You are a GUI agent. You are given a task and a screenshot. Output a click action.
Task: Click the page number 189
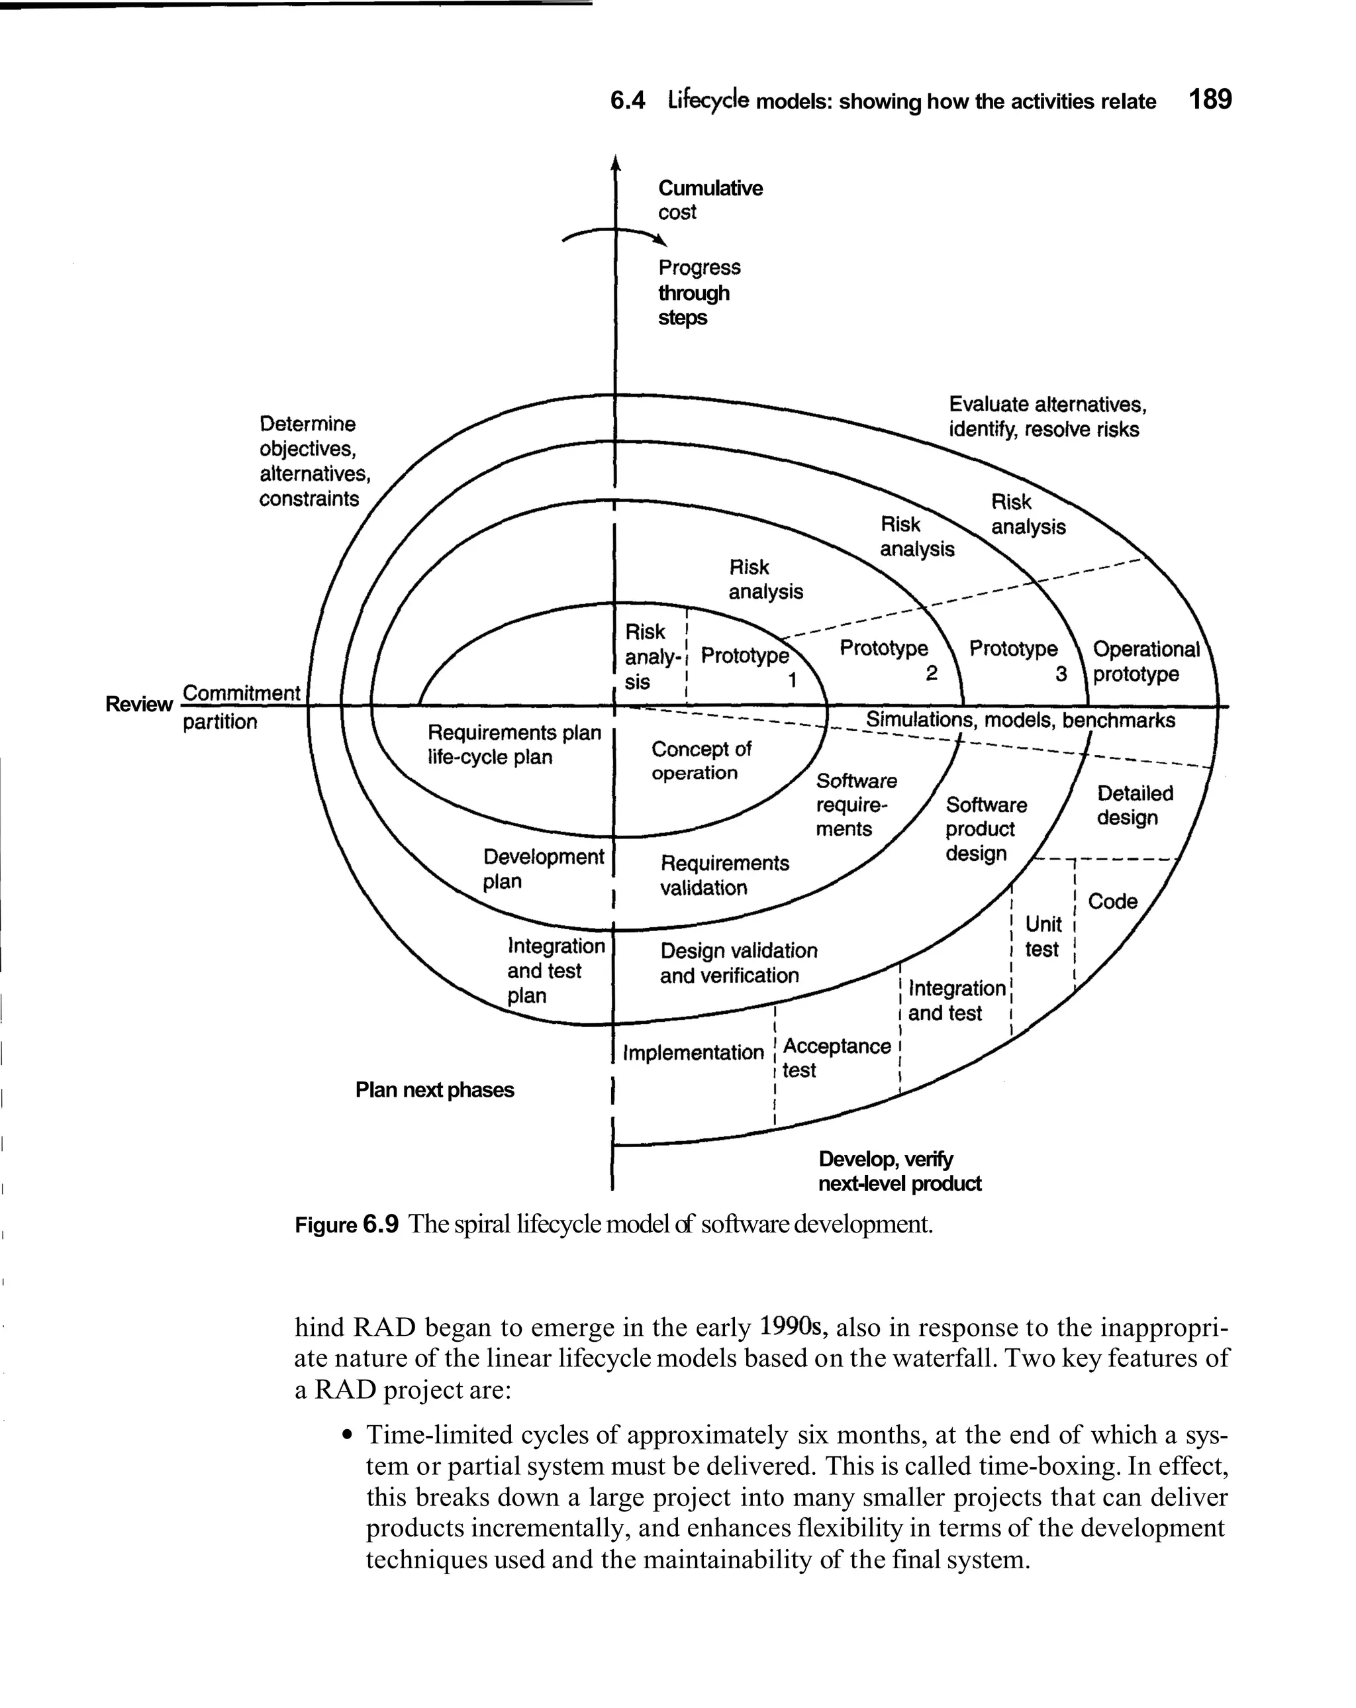(1210, 99)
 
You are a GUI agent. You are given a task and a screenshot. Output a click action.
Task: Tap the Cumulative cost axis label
(710, 199)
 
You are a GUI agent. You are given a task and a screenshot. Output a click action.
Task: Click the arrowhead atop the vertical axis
(615, 162)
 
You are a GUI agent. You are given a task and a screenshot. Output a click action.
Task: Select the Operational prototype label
(1145, 662)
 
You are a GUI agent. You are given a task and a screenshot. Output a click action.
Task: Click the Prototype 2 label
(888, 659)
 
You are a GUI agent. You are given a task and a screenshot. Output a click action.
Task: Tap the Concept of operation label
(700, 760)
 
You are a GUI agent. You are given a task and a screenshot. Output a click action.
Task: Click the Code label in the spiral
(1112, 901)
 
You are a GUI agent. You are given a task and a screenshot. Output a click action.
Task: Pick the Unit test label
(1042, 936)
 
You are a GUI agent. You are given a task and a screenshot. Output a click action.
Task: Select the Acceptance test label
(836, 1058)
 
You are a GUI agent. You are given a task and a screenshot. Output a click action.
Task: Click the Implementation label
(693, 1052)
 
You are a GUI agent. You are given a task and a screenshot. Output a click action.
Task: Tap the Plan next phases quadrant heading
(434, 1089)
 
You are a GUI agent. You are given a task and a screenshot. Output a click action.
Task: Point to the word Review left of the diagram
(138, 704)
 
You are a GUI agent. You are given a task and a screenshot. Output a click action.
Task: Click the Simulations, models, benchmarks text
(1020, 720)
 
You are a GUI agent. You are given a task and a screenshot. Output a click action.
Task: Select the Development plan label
(542, 868)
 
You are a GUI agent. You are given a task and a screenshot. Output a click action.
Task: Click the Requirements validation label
(724, 875)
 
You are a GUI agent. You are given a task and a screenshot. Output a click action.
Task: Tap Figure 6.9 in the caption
(346, 1225)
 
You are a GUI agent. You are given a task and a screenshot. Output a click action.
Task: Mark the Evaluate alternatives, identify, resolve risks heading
(1046, 417)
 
